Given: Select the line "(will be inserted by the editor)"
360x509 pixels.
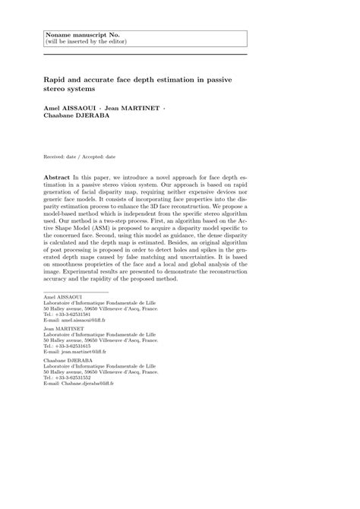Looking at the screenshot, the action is click(x=85, y=43).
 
